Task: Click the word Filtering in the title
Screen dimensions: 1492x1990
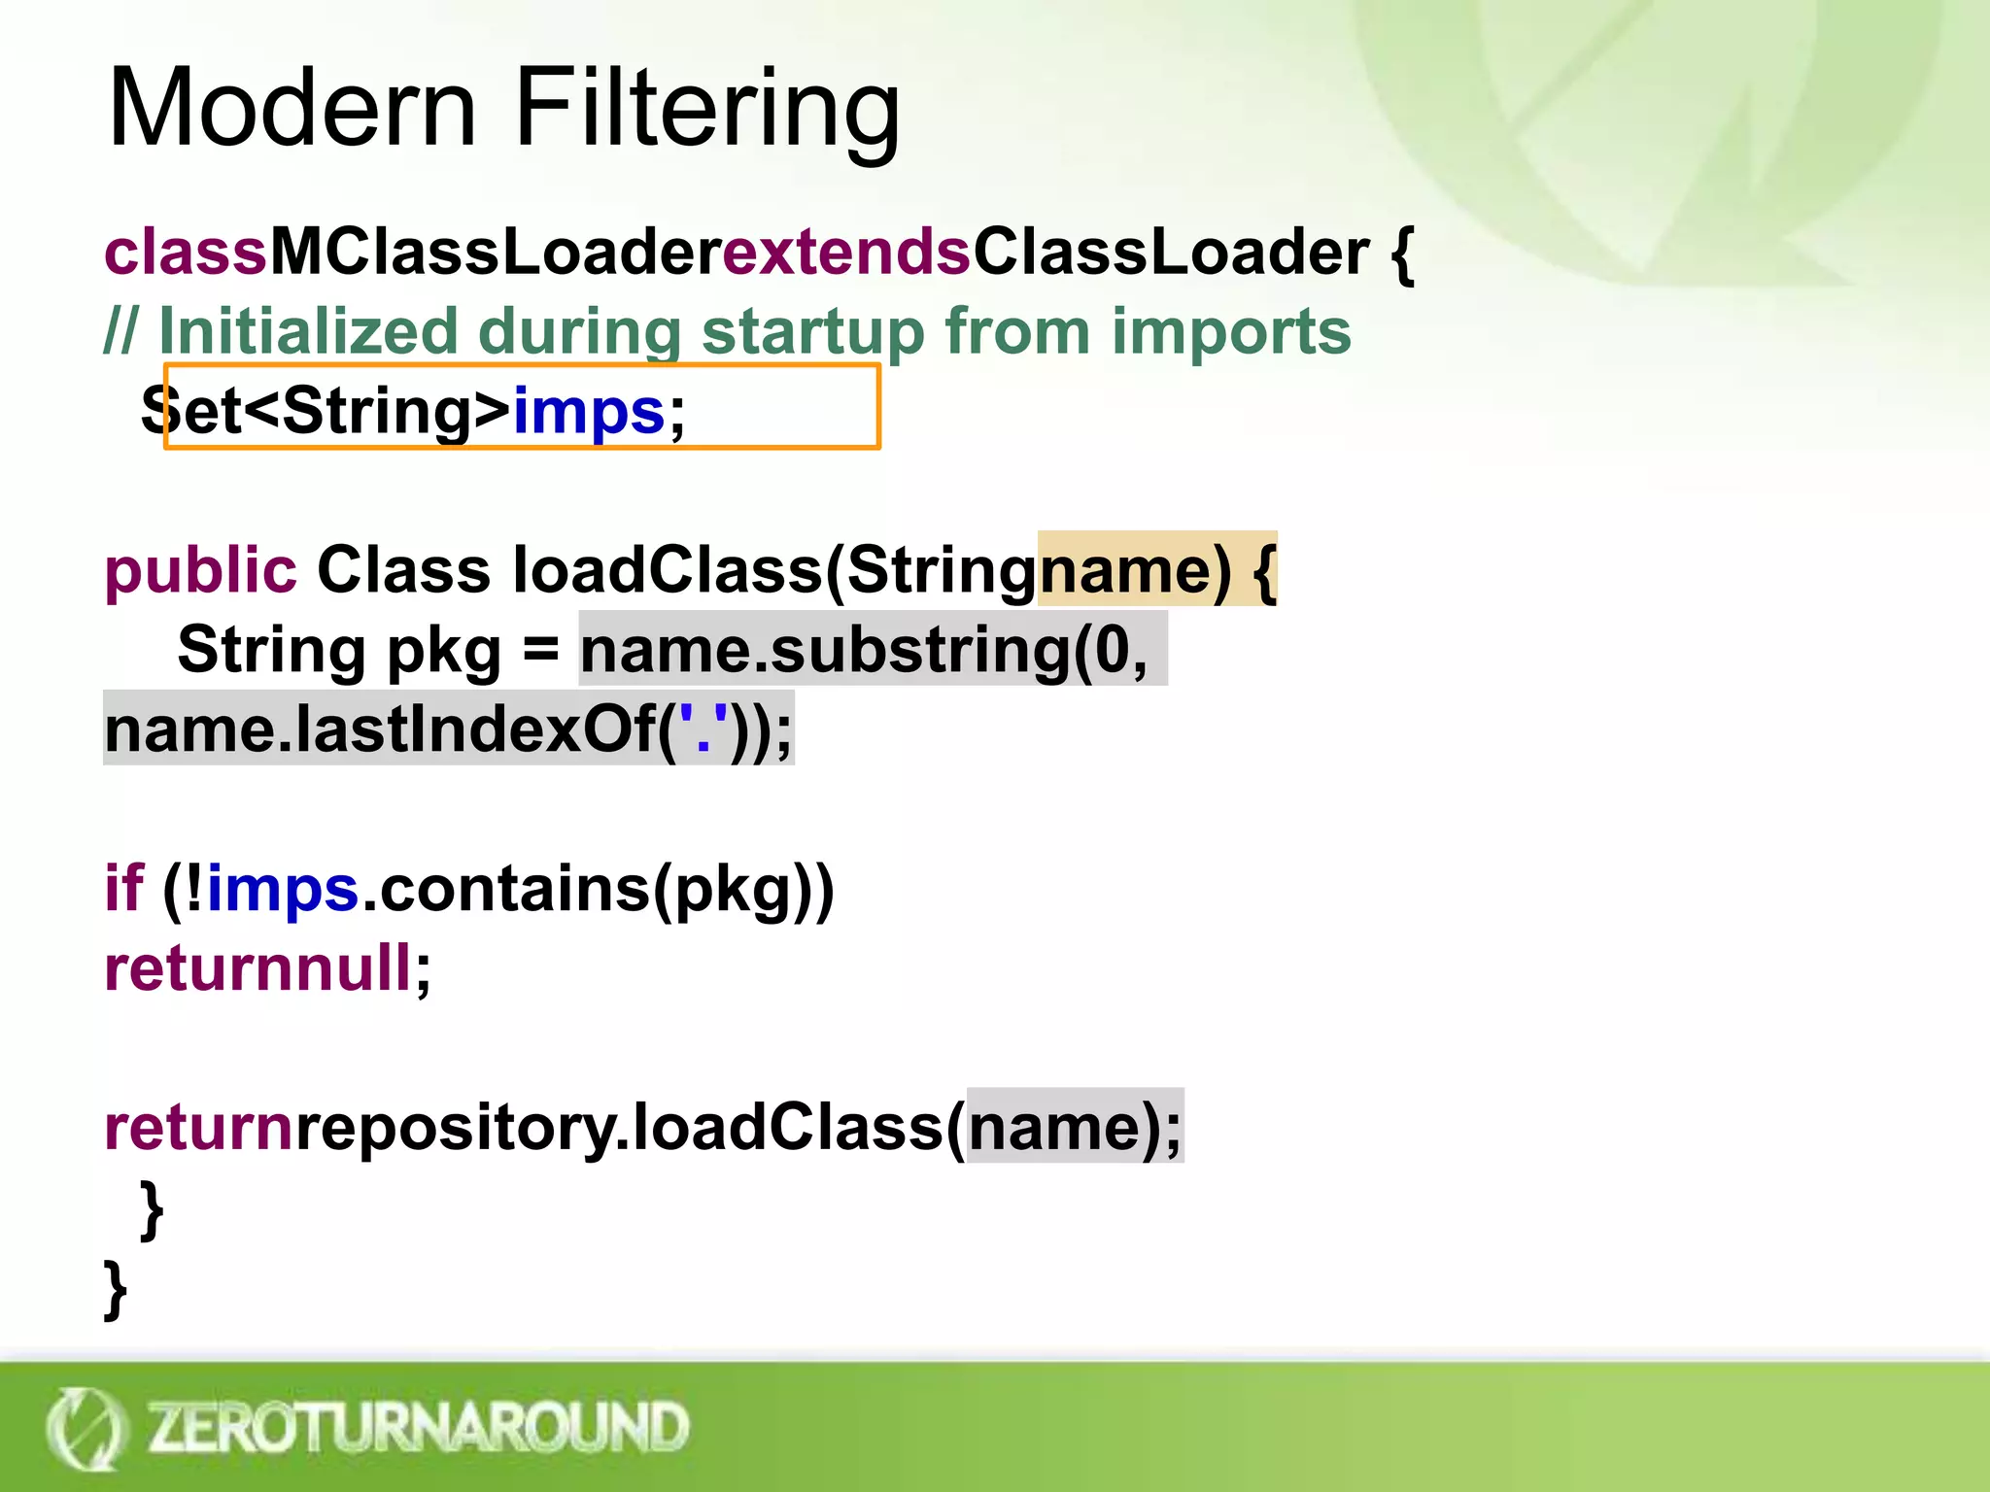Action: [707, 109]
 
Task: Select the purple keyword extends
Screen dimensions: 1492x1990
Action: [845, 253]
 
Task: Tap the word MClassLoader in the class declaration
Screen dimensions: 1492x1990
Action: [494, 253]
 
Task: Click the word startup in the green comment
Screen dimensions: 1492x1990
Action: [811, 332]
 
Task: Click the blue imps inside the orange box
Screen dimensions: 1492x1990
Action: [589, 412]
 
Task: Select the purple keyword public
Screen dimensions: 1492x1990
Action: [200, 571]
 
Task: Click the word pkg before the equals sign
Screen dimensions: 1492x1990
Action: [443, 651]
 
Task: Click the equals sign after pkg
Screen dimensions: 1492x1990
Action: [540, 651]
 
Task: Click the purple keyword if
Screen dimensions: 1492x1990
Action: [123, 888]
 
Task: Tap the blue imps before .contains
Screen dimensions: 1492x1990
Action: [283, 888]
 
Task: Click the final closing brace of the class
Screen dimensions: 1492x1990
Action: [116, 1288]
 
